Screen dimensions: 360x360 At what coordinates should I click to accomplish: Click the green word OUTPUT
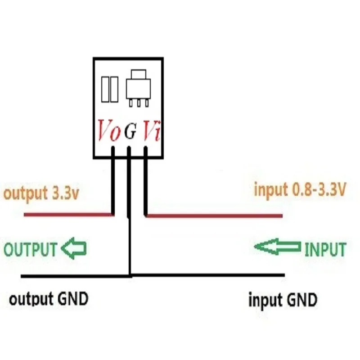click(31, 249)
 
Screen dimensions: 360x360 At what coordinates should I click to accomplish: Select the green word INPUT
click(325, 249)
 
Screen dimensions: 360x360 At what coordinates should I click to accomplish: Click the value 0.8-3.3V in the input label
click(317, 190)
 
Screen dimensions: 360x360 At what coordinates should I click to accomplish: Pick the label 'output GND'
click(49, 299)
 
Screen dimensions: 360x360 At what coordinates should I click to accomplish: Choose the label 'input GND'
click(283, 299)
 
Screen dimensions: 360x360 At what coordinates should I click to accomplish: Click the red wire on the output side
click(67, 215)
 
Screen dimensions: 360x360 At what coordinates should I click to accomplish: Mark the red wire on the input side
click(216, 216)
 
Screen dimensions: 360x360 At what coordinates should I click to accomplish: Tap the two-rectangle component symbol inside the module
click(110, 89)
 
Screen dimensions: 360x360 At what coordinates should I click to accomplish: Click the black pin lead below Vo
click(114, 180)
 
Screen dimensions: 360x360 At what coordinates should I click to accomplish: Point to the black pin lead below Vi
click(146, 180)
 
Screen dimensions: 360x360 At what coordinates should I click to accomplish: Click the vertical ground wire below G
click(130, 243)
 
